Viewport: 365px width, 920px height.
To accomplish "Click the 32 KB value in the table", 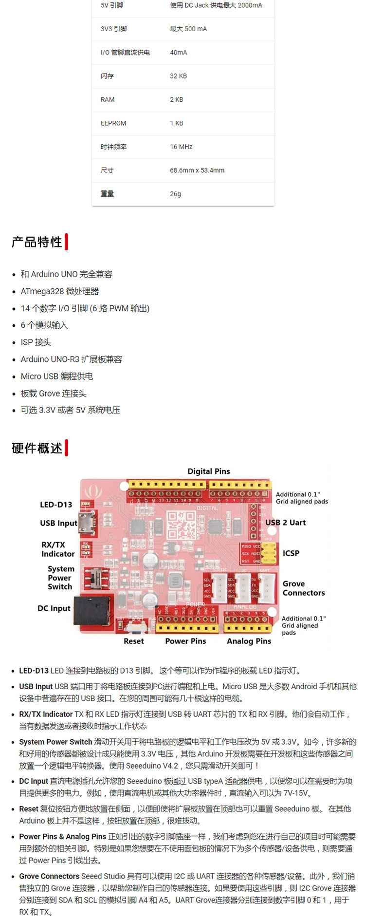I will point(178,76).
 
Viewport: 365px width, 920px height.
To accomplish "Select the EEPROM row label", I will point(113,123).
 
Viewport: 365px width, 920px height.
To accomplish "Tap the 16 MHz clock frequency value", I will point(181,147).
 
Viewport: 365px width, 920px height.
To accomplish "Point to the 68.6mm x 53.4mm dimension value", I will point(197,170).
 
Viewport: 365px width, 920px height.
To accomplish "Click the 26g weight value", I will point(175,194).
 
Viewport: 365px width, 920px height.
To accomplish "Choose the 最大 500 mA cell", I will point(188,29).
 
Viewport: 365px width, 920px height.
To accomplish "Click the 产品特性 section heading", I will point(37,242).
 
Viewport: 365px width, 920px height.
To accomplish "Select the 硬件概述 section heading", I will point(37,448).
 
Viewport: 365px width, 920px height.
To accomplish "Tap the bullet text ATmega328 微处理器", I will point(60,291).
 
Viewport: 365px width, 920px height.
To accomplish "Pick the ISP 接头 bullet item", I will point(36,342).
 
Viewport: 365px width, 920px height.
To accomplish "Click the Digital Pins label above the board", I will point(209,471).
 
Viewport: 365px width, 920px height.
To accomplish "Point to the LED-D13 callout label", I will point(56,505).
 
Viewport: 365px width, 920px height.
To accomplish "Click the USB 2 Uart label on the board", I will point(286,523).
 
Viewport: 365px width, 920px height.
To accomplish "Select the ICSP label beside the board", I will point(291,553).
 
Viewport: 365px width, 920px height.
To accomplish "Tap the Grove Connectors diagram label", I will point(303,588).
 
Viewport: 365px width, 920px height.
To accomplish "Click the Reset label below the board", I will point(134,641).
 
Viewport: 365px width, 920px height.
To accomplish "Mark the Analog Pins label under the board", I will point(249,641).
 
